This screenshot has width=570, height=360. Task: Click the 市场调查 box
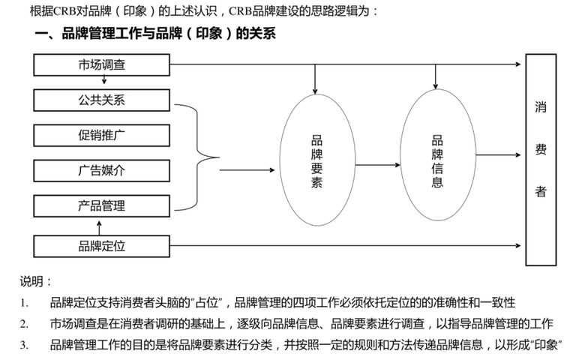click(102, 64)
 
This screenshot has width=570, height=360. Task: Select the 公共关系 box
click(102, 100)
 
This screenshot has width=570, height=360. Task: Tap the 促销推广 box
click(102, 135)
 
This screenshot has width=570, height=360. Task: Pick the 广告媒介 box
click(102, 170)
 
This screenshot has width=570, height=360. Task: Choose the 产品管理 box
click(102, 205)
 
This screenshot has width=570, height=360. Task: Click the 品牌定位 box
click(102, 245)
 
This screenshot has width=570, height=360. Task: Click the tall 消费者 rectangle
click(540, 160)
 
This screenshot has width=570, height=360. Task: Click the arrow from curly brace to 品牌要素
click(247, 170)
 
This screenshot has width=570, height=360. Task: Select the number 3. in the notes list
click(24, 344)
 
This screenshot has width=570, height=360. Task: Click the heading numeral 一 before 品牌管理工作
click(42, 34)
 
